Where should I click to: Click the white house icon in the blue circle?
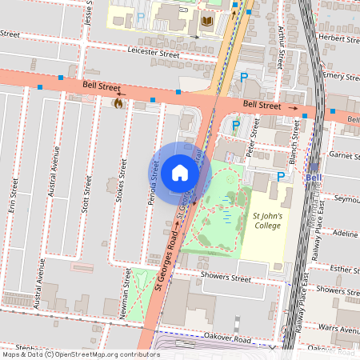[x=180, y=172]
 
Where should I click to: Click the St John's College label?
[x=268, y=221]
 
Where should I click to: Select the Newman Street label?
[x=126, y=293]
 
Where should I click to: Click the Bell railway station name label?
[x=314, y=177]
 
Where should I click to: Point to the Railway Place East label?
[x=306, y=295]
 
